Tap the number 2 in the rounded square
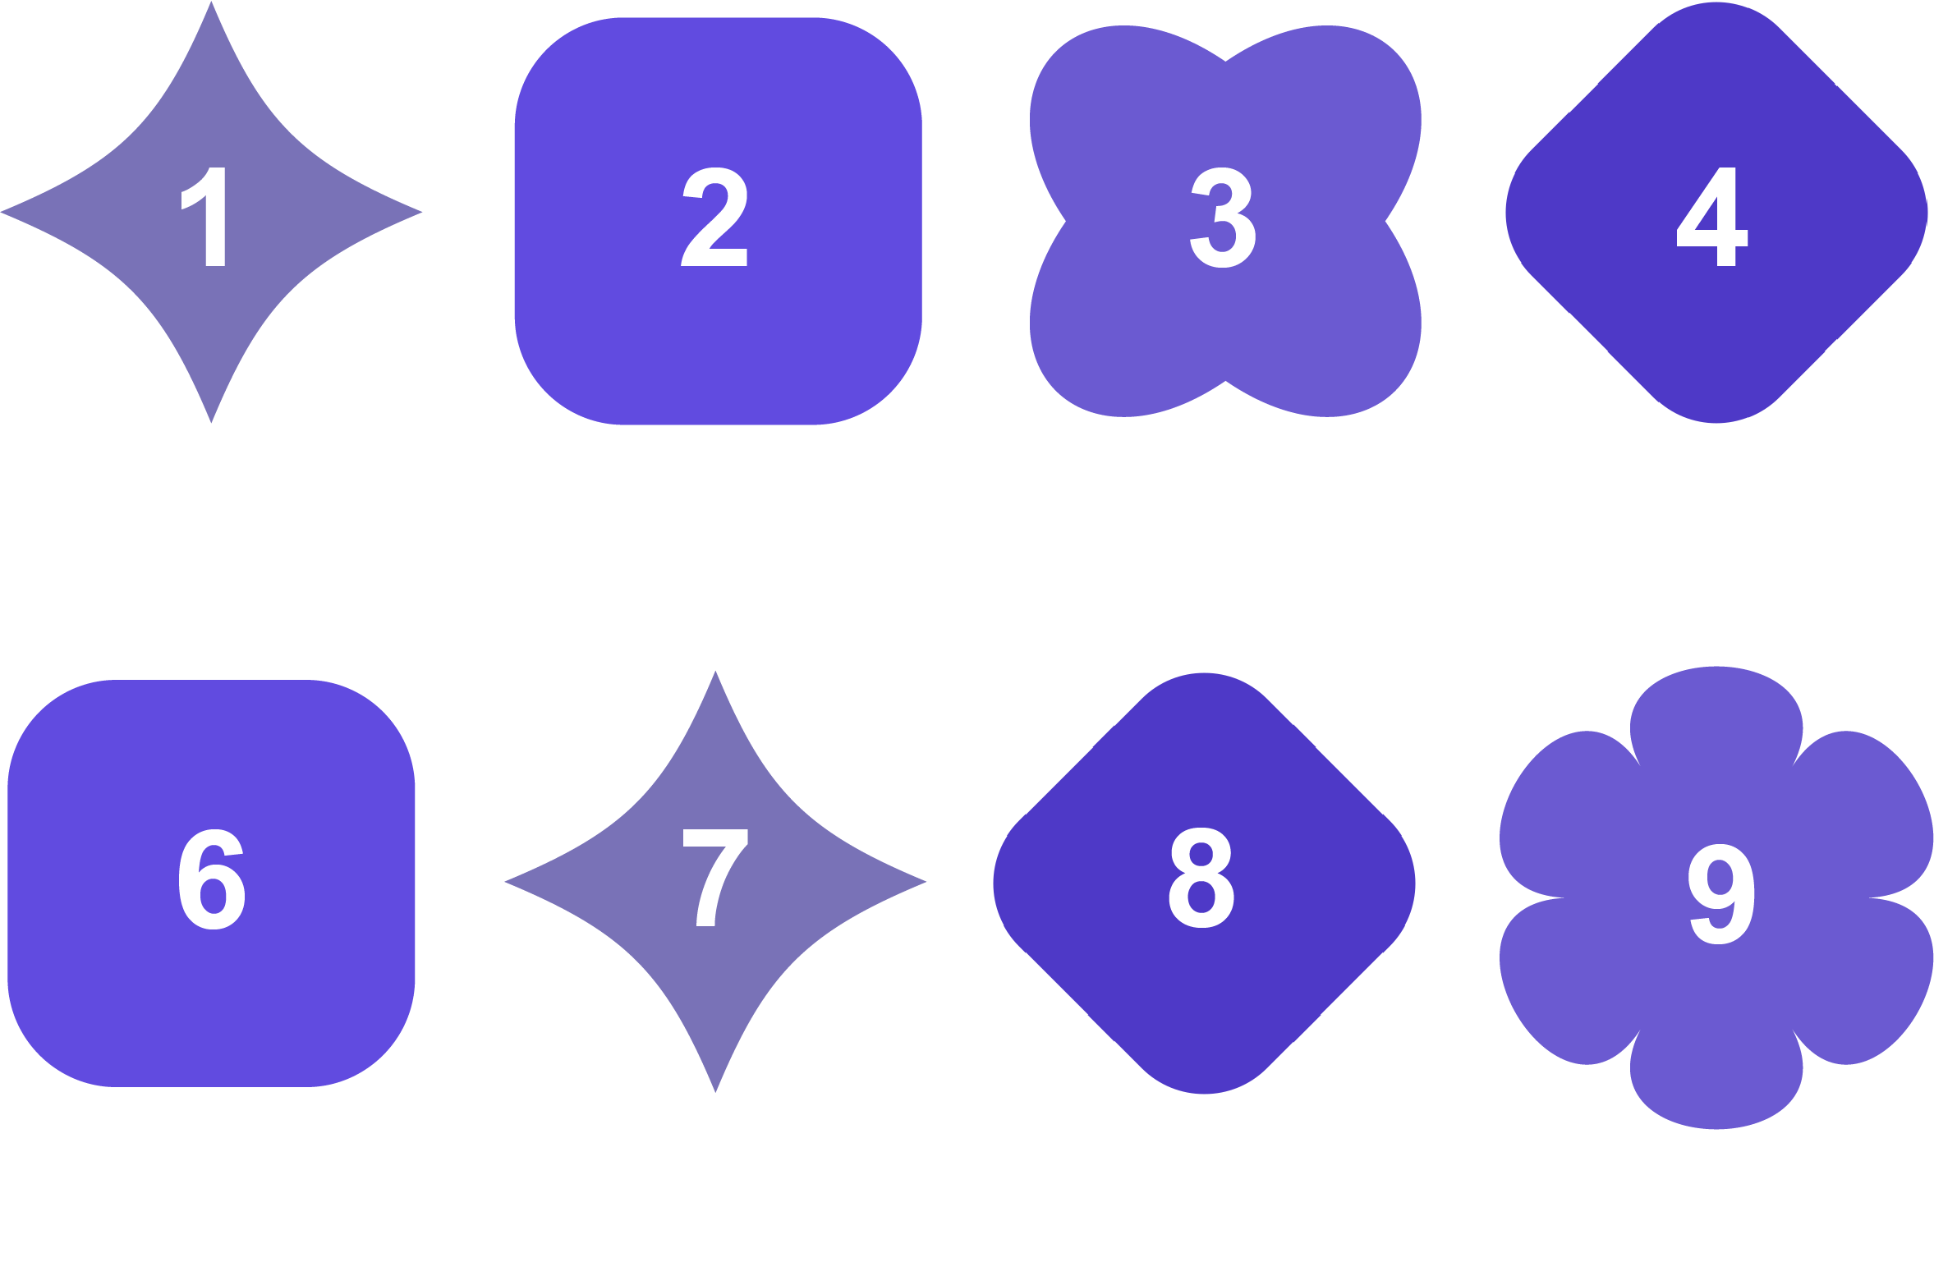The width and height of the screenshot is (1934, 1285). tap(715, 218)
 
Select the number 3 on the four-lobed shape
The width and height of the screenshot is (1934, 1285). tap(1223, 218)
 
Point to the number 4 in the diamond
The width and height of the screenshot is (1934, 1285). tap(1712, 217)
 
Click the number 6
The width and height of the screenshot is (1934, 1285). tap(212, 879)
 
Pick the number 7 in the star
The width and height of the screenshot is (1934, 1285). tap(715, 878)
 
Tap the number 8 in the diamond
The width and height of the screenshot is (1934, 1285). tap(1201, 878)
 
